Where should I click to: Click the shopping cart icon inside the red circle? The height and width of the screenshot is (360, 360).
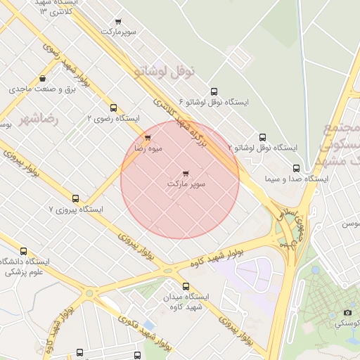pyautogui.click(x=186, y=173)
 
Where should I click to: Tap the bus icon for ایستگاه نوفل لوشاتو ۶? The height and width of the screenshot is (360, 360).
pyautogui.click(x=214, y=91)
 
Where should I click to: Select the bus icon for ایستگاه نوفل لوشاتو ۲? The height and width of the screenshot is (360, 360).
pyautogui.click(x=263, y=137)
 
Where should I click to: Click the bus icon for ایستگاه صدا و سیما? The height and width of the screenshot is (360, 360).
pyautogui.click(x=296, y=169)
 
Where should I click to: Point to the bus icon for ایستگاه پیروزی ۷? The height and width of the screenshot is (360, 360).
pyautogui.click(x=76, y=198)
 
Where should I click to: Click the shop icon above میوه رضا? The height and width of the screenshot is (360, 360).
pyautogui.click(x=148, y=138)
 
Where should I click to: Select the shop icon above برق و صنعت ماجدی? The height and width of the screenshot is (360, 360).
pyautogui.click(x=44, y=79)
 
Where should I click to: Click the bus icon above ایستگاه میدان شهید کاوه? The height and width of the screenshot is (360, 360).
pyautogui.click(x=186, y=286)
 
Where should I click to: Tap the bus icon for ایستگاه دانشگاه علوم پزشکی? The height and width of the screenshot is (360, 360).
pyautogui.click(x=24, y=251)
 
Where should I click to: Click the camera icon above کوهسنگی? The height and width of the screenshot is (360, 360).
pyautogui.click(x=347, y=312)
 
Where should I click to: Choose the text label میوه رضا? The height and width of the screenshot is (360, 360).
pyautogui.click(x=149, y=148)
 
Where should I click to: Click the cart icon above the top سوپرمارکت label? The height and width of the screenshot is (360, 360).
pyautogui.click(x=117, y=22)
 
